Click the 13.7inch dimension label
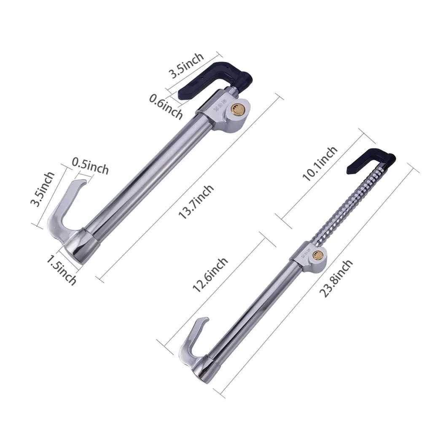point(196,202)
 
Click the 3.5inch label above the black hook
point(186,65)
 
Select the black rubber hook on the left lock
point(215,78)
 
